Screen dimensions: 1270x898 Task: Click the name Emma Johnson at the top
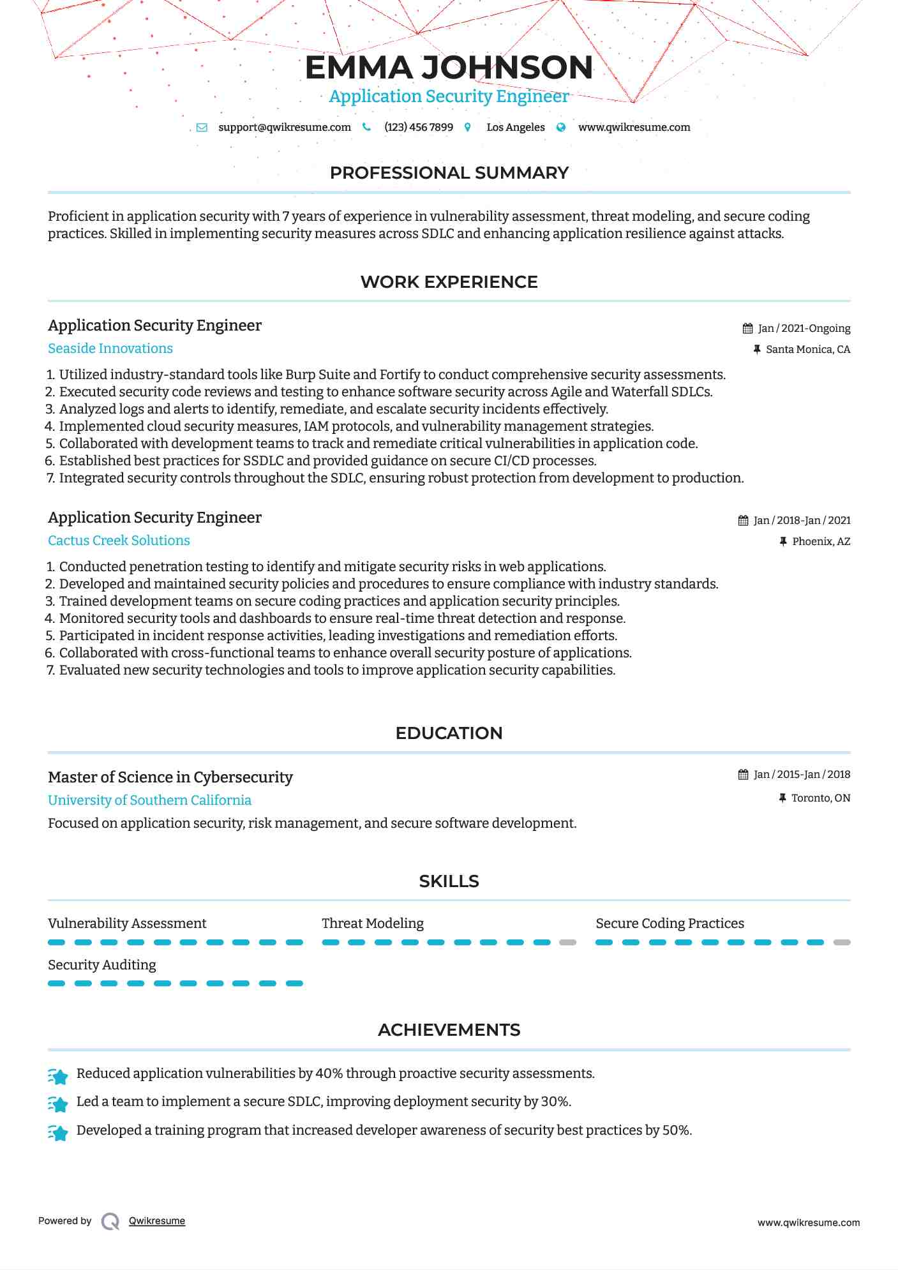pos(449,68)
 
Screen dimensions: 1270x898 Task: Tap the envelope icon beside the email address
pos(202,128)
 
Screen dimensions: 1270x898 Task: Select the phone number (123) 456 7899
pos(419,128)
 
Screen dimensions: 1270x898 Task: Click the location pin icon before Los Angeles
pos(468,128)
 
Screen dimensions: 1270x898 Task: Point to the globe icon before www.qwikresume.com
pos(561,128)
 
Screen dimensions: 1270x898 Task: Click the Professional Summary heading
pos(449,173)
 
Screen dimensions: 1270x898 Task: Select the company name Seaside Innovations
pos(110,348)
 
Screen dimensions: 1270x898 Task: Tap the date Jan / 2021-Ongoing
pos(804,329)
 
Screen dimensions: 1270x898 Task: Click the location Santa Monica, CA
pos(807,350)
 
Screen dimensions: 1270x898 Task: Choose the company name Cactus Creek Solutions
pos(119,541)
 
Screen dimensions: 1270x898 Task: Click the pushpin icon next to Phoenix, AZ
pos(783,542)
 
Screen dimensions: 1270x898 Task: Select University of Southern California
pos(149,800)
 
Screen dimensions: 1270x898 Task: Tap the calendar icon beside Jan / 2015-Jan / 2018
pos(744,775)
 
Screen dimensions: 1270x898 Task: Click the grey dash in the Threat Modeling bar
pos(567,943)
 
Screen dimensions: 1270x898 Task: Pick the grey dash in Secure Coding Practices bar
pos(842,943)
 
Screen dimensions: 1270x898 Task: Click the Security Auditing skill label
pos(102,965)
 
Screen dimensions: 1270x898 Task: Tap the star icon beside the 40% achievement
pos(58,1077)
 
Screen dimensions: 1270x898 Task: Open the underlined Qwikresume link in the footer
pos(157,1221)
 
